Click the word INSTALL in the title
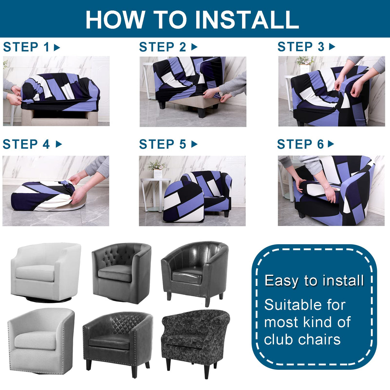[247, 20]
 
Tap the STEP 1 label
[26, 47]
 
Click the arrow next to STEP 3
[332, 47]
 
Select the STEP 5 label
[163, 145]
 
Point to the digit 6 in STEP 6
[320, 145]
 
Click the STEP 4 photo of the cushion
[48, 196]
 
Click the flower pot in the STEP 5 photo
[158, 174]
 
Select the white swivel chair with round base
[46, 271]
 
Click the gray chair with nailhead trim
[41, 341]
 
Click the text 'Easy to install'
[314, 280]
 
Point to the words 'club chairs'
[302, 340]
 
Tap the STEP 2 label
[163, 47]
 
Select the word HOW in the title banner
[115, 20]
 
